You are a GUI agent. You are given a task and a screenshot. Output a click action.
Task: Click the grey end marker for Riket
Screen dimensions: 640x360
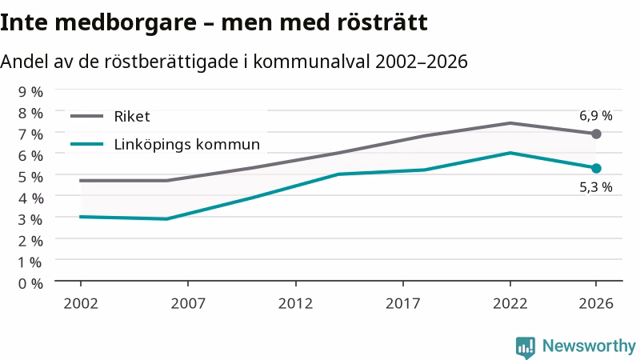pyautogui.click(x=596, y=134)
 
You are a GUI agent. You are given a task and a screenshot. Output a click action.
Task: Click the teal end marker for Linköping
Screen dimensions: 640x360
pyautogui.click(x=596, y=168)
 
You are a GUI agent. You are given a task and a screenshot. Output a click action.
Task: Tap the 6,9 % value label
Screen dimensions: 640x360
pyautogui.click(x=596, y=116)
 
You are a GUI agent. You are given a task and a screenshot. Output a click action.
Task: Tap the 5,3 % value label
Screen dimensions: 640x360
pyautogui.click(x=596, y=187)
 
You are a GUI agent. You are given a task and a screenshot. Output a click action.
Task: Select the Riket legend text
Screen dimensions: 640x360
pyautogui.click(x=132, y=117)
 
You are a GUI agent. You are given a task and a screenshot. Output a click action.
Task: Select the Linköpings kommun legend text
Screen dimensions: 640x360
pyautogui.click(x=187, y=145)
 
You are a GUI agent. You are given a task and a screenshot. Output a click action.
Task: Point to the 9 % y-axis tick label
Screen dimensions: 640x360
pyautogui.click(x=30, y=92)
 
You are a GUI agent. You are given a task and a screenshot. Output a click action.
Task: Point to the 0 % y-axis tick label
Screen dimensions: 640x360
pyautogui.click(x=30, y=284)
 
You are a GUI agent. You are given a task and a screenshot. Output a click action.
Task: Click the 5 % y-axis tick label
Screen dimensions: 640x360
pyautogui.click(x=30, y=177)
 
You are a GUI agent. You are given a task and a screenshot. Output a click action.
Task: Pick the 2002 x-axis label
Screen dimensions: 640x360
pyautogui.click(x=81, y=304)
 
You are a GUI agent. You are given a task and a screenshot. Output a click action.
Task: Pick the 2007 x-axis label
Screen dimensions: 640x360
pyautogui.click(x=188, y=304)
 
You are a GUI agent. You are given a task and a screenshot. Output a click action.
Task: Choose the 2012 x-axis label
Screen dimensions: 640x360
pyautogui.click(x=295, y=304)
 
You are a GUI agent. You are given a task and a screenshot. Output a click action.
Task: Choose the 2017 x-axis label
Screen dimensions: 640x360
pyautogui.click(x=403, y=304)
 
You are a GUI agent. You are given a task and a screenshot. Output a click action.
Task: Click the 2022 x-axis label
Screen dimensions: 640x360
pyautogui.click(x=510, y=304)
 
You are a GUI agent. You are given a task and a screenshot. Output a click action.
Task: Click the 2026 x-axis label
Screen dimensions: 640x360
pyautogui.click(x=596, y=304)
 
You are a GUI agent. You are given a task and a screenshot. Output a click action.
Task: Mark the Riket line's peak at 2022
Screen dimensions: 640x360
pyautogui.click(x=510, y=123)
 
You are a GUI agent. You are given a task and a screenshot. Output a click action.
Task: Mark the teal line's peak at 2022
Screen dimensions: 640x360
pyautogui.click(x=510, y=153)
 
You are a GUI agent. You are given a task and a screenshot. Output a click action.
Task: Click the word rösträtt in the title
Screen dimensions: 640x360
pyautogui.click(x=382, y=22)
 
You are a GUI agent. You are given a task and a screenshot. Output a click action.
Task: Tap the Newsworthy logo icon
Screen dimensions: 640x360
pyautogui.click(x=526, y=347)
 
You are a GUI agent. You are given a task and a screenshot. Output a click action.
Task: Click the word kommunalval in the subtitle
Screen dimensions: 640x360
pyautogui.click(x=312, y=62)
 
